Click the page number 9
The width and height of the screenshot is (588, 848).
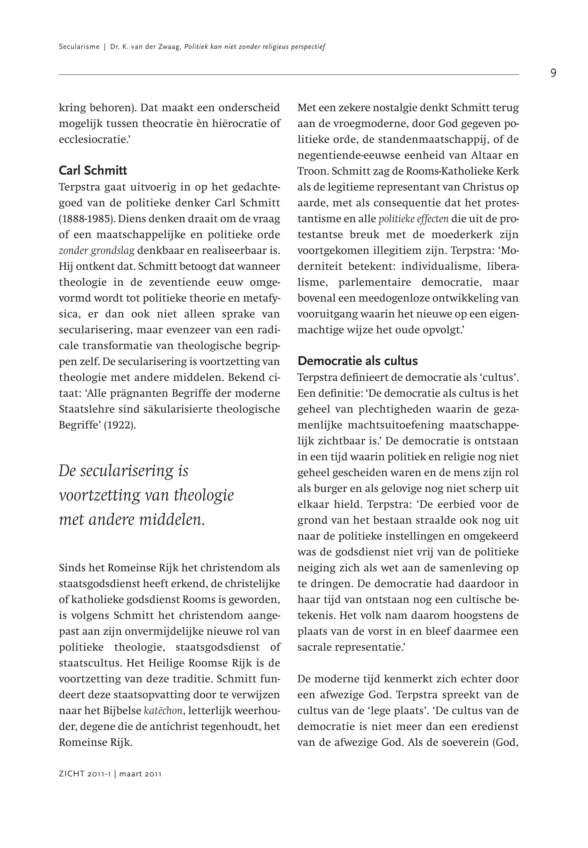coord(553,73)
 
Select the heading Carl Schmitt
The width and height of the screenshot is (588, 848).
coord(93,171)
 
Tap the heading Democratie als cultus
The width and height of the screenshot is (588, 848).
coord(357,361)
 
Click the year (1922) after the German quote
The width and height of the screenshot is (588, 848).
coord(120,425)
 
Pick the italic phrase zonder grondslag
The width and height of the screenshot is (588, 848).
coord(97,251)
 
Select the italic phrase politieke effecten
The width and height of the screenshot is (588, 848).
coord(413,219)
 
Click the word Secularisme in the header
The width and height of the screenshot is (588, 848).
coord(79,47)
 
